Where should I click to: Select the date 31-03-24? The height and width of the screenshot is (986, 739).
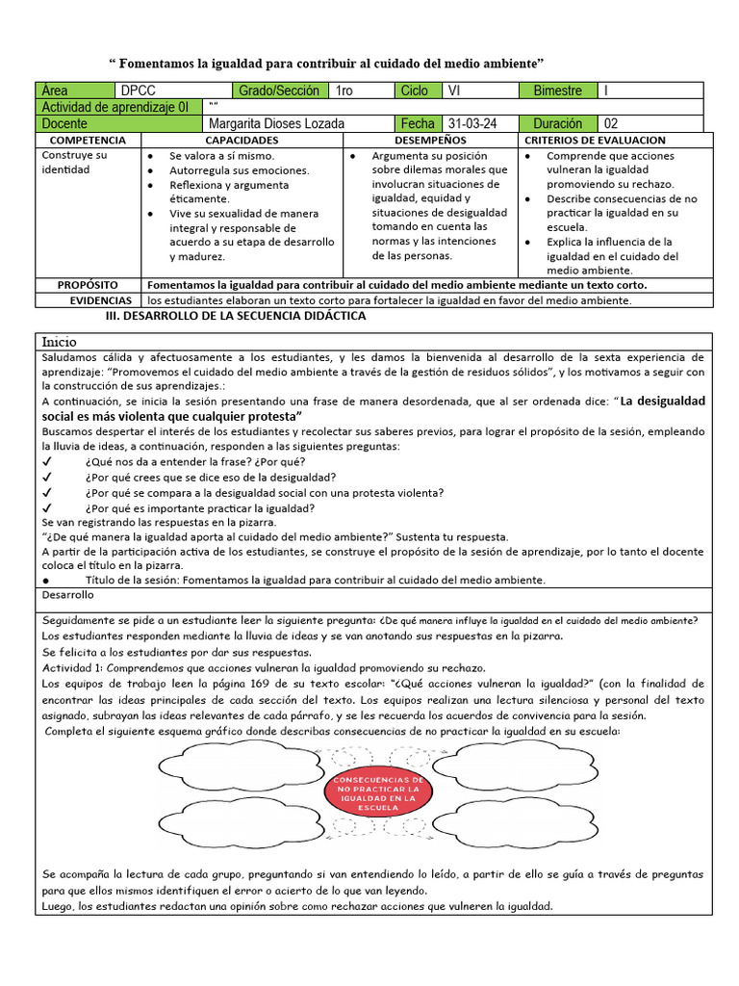click(x=471, y=123)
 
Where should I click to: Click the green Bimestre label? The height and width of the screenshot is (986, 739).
click(x=557, y=91)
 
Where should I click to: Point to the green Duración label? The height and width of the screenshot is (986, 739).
click(x=557, y=123)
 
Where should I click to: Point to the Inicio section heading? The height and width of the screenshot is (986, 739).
click(x=59, y=342)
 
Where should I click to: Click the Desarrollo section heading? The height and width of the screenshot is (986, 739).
click(x=67, y=596)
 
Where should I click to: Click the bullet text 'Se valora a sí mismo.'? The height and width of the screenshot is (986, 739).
click(x=221, y=155)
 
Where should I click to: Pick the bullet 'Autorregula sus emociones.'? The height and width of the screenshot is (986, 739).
click(x=238, y=169)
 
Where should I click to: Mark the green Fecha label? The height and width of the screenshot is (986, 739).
click(x=419, y=123)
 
